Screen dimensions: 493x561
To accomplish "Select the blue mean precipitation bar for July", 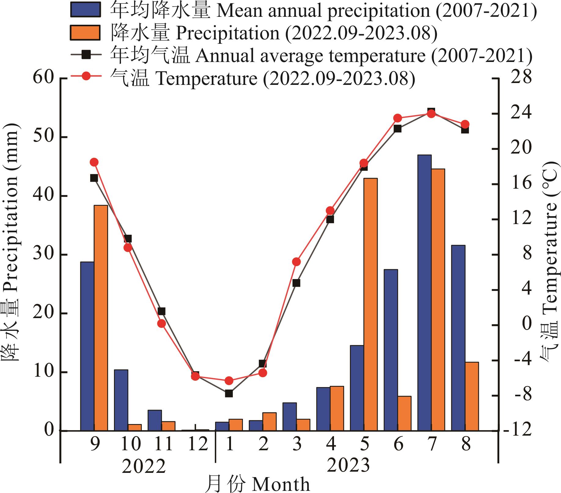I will (x=424, y=293).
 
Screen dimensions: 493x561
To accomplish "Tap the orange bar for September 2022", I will (x=101, y=318).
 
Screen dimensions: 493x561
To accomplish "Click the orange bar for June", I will (x=404, y=413).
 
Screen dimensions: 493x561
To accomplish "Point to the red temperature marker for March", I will (x=296, y=262).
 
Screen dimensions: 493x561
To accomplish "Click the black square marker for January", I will (x=229, y=393).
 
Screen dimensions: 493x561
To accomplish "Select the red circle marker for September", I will (x=94, y=162).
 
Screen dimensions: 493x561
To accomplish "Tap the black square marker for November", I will (x=162, y=311).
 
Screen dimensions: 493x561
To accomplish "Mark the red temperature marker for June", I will (x=398, y=118).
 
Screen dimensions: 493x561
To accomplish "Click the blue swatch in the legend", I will (x=85, y=10).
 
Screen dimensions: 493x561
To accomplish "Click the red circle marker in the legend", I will (x=86, y=76).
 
